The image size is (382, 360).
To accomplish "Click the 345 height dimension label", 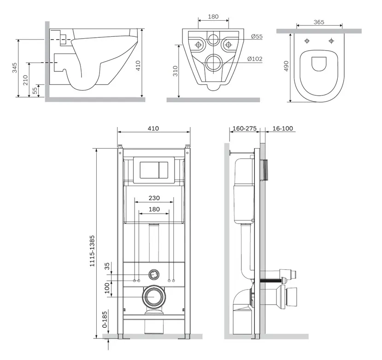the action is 15,68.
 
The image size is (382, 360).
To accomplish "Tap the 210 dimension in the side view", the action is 26,80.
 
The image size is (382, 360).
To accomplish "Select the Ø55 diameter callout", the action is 257,36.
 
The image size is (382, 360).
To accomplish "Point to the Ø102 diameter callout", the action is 255,58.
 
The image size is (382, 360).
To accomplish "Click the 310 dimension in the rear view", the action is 176,71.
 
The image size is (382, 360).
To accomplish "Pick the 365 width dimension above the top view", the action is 319,22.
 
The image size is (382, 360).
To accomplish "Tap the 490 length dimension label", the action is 286,66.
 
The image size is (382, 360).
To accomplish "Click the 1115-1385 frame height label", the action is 92,251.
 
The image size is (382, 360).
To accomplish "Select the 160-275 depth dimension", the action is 245,128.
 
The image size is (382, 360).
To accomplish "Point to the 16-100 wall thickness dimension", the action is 282,128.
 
